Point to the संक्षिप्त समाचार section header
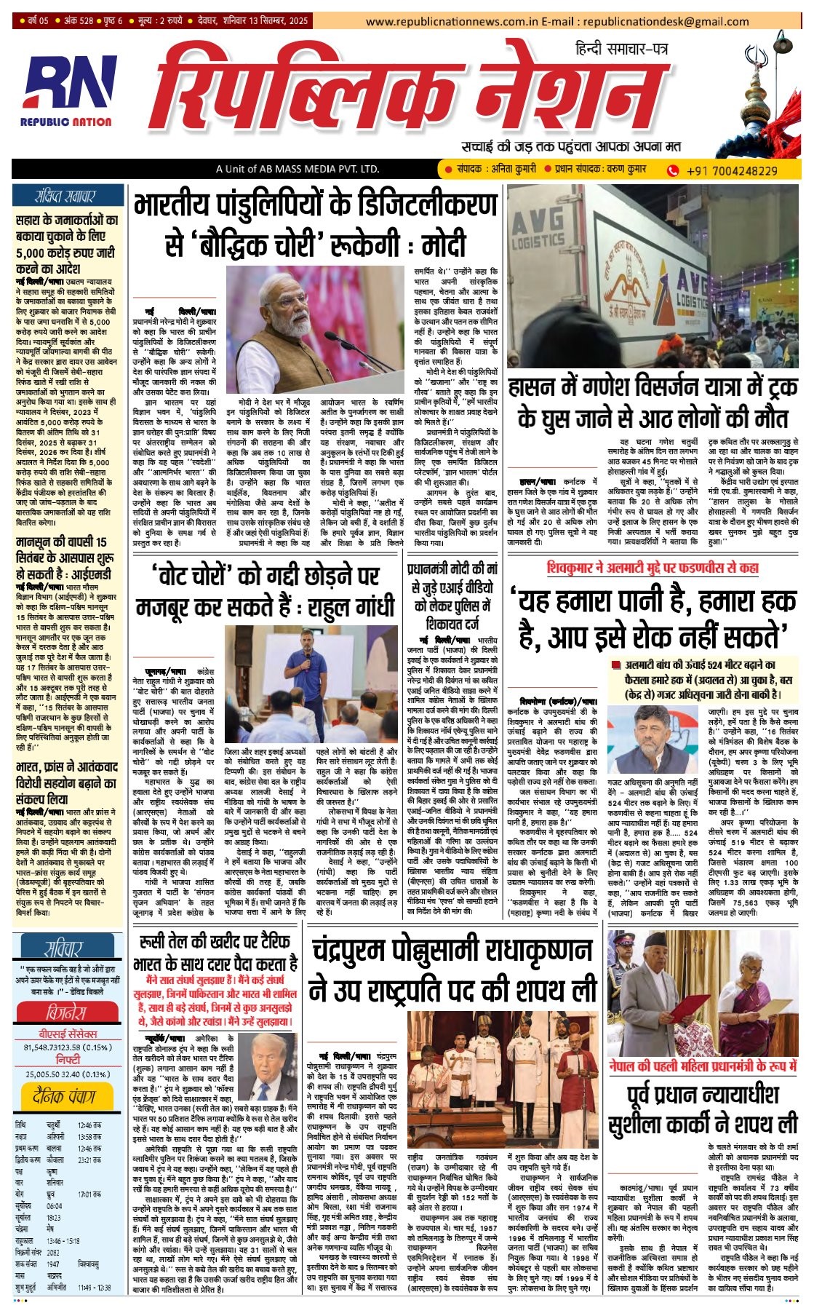coord(65,197)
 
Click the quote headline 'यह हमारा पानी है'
coord(656,615)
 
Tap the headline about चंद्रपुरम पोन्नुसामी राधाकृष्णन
coord(453,969)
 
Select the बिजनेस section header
coord(65,1012)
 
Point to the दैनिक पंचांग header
coord(65,1095)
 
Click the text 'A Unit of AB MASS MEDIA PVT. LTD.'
coord(297,170)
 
